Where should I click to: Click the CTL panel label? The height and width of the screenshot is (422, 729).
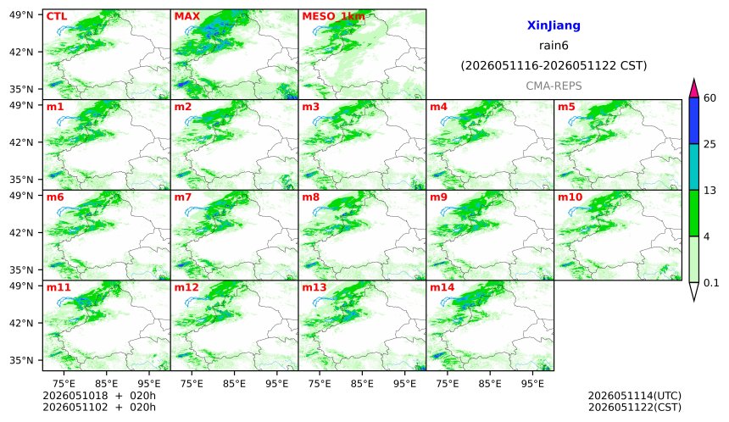pos(57,17)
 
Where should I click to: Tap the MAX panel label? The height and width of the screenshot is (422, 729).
pos(186,17)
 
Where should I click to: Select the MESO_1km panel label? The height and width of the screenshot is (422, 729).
pos(333,17)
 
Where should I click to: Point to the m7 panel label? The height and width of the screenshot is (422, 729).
pos(183,197)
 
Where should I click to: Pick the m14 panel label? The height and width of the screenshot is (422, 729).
pos(442,287)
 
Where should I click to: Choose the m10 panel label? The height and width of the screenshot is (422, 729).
pos(570,197)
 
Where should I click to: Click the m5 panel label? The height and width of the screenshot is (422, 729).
pos(566,107)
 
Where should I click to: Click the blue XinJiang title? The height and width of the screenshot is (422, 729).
pos(554,25)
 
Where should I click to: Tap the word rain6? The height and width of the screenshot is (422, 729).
pos(554,46)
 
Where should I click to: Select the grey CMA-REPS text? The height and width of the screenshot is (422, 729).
pos(554,86)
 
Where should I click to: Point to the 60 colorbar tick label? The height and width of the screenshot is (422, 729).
pos(710,98)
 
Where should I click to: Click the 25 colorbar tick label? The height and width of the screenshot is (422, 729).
pos(710,145)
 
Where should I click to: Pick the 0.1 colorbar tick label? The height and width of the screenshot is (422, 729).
pos(711,282)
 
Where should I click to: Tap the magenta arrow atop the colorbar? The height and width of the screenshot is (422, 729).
pos(693,89)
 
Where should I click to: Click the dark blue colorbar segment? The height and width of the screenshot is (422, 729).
pos(693,121)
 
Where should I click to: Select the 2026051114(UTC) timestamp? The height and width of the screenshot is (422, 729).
pos(635,396)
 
